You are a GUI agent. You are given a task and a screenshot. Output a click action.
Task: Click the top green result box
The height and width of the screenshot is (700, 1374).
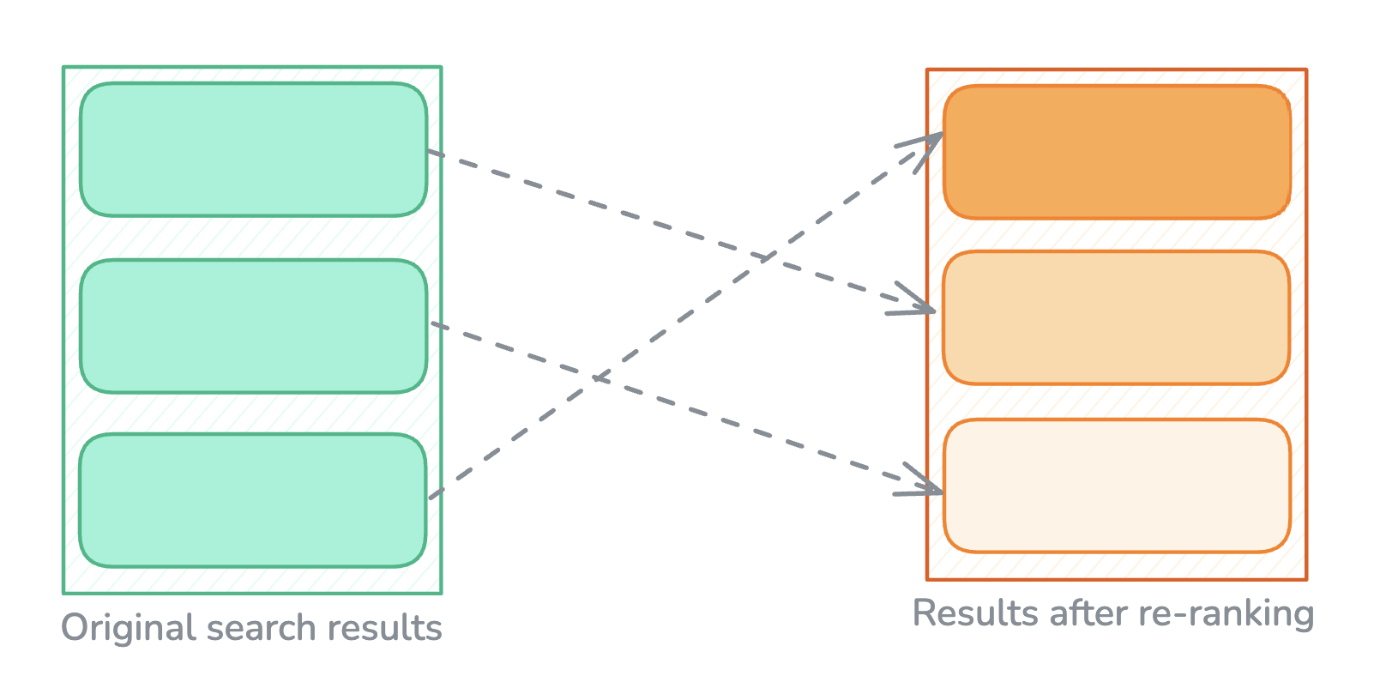pyautogui.click(x=253, y=149)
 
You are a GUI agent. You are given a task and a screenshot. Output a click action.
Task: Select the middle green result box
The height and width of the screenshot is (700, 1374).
pyautogui.click(x=253, y=326)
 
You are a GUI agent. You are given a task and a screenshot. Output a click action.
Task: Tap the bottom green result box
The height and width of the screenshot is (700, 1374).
pyautogui.click(x=253, y=501)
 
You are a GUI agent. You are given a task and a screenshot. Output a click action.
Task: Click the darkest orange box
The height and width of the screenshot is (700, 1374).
pyautogui.click(x=1117, y=152)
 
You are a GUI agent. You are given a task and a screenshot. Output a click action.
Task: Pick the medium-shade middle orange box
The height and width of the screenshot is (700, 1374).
pyautogui.click(x=1117, y=317)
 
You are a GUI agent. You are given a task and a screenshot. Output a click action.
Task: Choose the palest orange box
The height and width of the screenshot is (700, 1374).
pyautogui.click(x=1117, y=486)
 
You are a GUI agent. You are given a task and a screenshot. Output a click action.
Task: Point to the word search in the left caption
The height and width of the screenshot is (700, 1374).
pyautogui.click(x=262, y=628)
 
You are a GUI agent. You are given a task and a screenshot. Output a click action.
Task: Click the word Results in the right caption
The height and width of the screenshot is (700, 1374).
pyautogui.click(x=977, y=612)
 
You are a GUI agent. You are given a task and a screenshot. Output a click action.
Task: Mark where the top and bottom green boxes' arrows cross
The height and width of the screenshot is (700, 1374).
pyautogui.click(x=766, y=257)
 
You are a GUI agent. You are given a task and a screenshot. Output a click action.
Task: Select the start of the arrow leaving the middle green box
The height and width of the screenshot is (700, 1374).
pyautogui.click(x=431, y=323)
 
